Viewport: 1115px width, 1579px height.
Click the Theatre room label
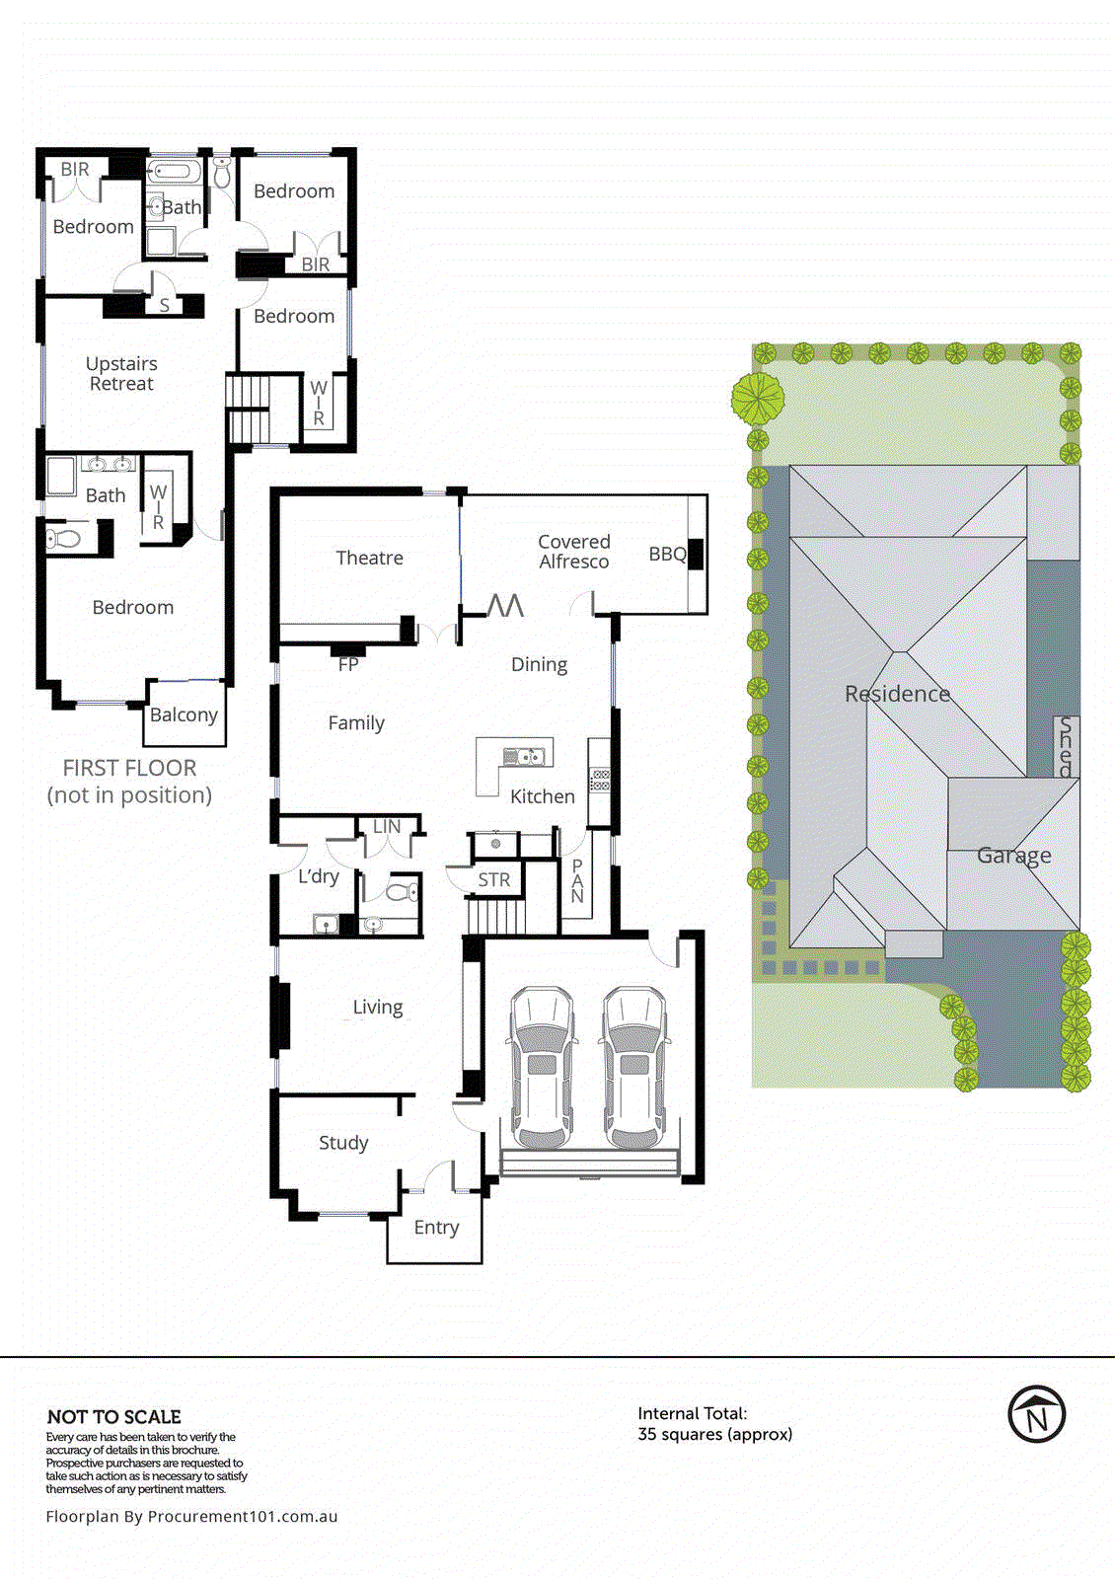tap(369, 558)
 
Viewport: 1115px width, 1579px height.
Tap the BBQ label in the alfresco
tap(667, 554)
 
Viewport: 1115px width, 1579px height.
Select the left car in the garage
tap(541, 1068)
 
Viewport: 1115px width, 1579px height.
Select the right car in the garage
tap(634, 1068)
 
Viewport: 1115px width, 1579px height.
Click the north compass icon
tap(1036, 1414)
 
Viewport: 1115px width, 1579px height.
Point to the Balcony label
tap(184, 714)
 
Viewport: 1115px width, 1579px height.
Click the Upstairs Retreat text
tap(121, 373)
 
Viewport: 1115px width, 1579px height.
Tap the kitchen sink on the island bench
tap(524, 757)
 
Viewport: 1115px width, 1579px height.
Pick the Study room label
tap(343, 1142)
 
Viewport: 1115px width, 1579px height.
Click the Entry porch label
tap(436, 1227)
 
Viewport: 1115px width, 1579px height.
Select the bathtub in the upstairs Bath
tap(174, 172)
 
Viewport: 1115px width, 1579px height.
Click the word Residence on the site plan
tap(897, 694)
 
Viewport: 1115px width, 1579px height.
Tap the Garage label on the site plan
tap(1013, 856)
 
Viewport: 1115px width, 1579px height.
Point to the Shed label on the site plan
tap(1066, 747)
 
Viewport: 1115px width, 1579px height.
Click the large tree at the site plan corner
tap(758, 398)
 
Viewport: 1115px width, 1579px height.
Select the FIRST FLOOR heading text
tap(129, 768)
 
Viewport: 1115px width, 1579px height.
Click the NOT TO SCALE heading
tap(113, 1416)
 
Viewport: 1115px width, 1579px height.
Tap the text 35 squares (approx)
tap(714, 1434)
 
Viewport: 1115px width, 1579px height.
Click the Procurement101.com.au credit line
tap(191, 1516)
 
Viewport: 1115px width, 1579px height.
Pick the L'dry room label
tap(318, 876)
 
